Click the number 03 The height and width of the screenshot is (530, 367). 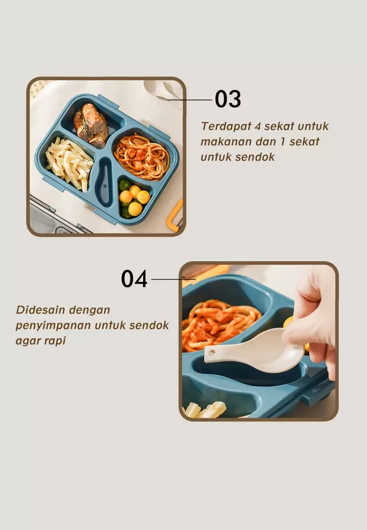(x=228, y=99)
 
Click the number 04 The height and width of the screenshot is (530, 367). (x=134, y=279)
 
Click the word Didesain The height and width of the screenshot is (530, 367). (x=39, y=310)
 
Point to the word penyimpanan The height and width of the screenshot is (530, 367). (x=53, y=325)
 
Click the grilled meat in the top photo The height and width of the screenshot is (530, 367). (x=92, y=124)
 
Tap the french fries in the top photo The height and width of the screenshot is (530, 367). (x=70, y=164)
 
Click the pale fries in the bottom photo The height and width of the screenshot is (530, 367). (x=206, y=410)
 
